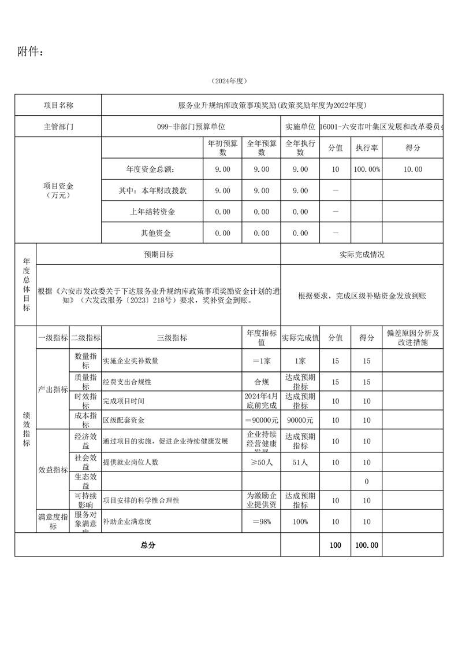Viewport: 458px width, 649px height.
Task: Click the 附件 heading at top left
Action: (x=30, y=52)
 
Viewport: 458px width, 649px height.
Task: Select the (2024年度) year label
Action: (x=229, y=81)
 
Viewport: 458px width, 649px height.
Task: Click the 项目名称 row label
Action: (x=58, y=105)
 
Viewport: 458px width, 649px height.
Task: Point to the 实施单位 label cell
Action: (x=300, y=127)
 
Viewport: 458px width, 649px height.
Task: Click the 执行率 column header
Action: (x=366, y=148)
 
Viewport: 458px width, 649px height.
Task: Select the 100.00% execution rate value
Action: (x=366, y=169)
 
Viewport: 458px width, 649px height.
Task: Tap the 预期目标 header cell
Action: (x=158, y=255)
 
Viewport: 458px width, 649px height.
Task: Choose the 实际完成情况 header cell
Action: (x=362, y=255)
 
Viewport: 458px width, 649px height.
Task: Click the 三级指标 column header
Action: (x=172, y=338)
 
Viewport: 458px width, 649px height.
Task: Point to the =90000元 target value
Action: (x=261, y=420)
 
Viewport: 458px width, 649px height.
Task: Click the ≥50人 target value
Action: (x=261, y=462)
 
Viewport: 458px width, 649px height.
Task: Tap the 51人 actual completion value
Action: (x=300, y=462)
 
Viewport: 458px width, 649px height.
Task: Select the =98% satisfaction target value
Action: (x=261, y=522)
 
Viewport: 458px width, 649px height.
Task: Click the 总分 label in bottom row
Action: (x=148, y=545)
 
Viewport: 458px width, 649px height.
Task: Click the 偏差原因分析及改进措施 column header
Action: (x=412, y=338)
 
